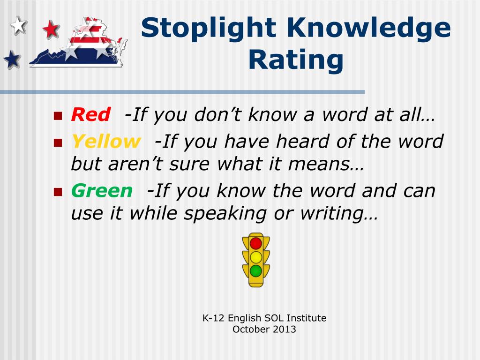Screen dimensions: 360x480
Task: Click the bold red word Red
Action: [x=90, y=114]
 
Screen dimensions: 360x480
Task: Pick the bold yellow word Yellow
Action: [x=105, y=141]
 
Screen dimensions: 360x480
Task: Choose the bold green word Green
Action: [x=102, y=191]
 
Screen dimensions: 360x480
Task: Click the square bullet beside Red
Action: [x=58, y=115]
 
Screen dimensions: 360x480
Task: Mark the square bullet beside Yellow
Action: [x=58, y=142]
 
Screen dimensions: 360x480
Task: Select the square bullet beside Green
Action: [x=58, y=192]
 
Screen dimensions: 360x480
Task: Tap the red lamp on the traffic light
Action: [x=256, y=243]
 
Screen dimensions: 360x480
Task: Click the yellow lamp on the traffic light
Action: [x=256, y=257]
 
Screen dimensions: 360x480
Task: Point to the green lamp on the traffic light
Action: [x=256, y=270]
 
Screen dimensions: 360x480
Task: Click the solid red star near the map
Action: [x=51, y=30]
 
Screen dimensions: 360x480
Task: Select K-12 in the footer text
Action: [x=213, y=318]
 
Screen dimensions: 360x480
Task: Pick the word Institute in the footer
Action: [x=306, y=318]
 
